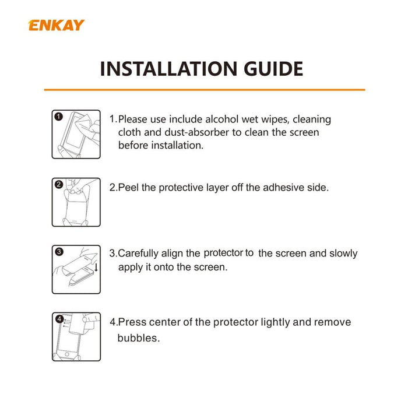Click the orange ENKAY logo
[56, 25]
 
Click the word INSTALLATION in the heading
[168, 69]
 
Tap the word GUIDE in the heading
[273, 69]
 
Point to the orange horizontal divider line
[205, 90]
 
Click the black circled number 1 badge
[59, 117]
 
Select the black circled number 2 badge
[59, 185]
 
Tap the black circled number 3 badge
[59, 252]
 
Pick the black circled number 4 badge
[59, 319]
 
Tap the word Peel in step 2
[128, 187]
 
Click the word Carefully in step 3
[138, 254]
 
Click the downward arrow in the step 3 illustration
[96, 267]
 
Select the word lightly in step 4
[275, 322]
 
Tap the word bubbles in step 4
[139, 338]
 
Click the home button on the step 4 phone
[67, 354]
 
